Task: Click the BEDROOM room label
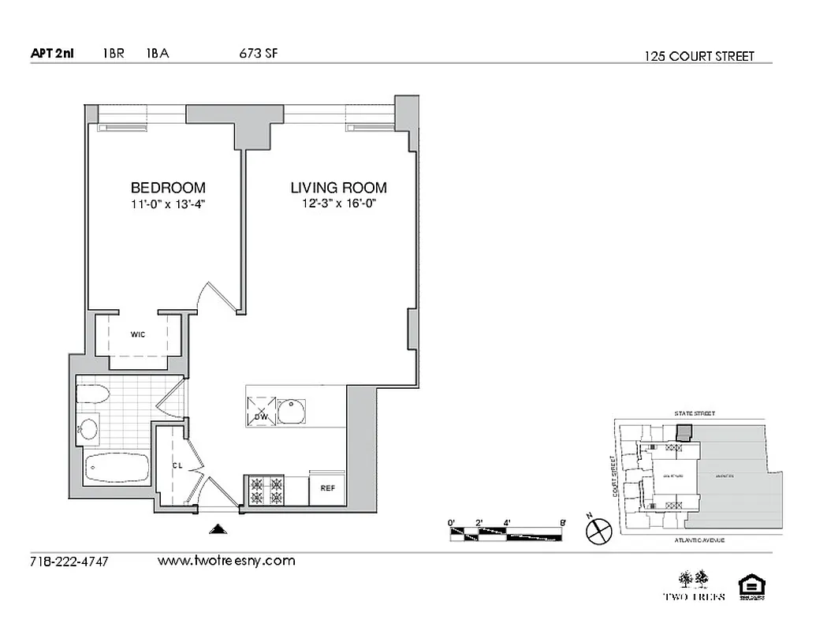pos(168,188)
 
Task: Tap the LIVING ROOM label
pos(338,188)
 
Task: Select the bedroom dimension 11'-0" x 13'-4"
pos(168,204)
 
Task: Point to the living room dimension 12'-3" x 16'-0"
pos(338,204)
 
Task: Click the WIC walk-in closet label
pos(138,334)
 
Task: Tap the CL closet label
pos(177,465)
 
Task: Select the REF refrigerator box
pos(328,488)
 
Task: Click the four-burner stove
pos(266,491)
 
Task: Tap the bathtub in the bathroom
pos(116,469)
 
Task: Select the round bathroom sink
pos(88,430)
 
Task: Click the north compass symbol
pos(599,531)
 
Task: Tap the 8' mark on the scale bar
pos(561,522)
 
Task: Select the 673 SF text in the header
pos(258,54)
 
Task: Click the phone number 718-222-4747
pos(69,562)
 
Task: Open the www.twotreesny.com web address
pos(226,561)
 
